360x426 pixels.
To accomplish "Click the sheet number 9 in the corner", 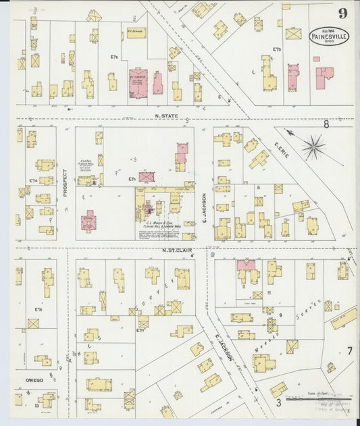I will click(344, 14).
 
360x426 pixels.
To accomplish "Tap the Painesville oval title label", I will click(329, 36).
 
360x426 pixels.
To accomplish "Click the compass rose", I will click(313, 146).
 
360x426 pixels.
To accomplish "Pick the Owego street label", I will click(34, 380).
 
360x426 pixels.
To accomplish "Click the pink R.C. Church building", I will click(140, 82).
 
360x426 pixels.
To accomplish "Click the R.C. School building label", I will click(136, 30).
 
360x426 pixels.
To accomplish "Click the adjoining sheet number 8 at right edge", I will click(326, 124).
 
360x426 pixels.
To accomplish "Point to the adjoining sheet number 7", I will click(349, 350).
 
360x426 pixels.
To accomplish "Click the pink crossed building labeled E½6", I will click(147, 177).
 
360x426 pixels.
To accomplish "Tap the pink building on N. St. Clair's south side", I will click(246, 265).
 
